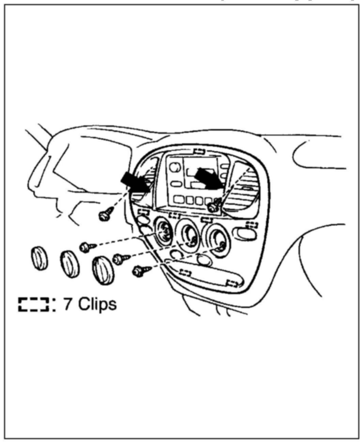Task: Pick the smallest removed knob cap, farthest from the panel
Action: point(40,259)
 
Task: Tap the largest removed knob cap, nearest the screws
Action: point(103,270)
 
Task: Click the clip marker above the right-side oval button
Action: point(252,224)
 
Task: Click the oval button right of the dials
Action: point(245,233)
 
